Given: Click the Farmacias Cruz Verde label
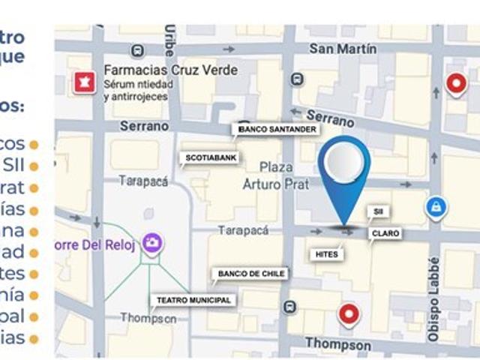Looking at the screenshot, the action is tap(171, 70).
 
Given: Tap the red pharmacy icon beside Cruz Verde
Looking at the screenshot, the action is tap(83, 82).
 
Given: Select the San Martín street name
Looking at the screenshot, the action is tap(343, 49).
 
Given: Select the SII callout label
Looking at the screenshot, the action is tap(377, 212).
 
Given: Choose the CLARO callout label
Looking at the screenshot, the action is tap(385, 234).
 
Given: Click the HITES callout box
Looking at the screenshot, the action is tap(327, 254).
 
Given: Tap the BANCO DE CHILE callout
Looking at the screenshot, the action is tap(251, 274).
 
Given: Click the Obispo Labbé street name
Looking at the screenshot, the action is tap(433, 300).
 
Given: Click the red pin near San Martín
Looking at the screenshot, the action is tap(456, 83).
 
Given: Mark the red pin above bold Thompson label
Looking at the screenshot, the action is tap(349, 313).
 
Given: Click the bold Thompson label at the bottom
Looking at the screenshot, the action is tap(337, 345).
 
